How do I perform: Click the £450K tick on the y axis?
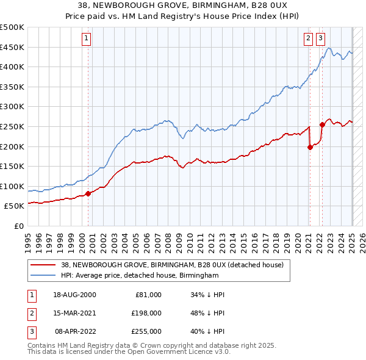(x=12, y=47)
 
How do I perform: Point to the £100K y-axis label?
(x=12, y=186)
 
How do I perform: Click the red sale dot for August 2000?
(x=88, y=193)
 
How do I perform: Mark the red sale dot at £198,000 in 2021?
(x=310, y=146)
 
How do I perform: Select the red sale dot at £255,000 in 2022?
(x=322, y=124)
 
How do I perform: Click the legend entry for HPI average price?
(x=140, y=276)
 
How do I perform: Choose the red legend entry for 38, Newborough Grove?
(x=172, y=265)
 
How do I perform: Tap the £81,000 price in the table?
(x=148, y=295)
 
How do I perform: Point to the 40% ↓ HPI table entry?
(x=209, y=331)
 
